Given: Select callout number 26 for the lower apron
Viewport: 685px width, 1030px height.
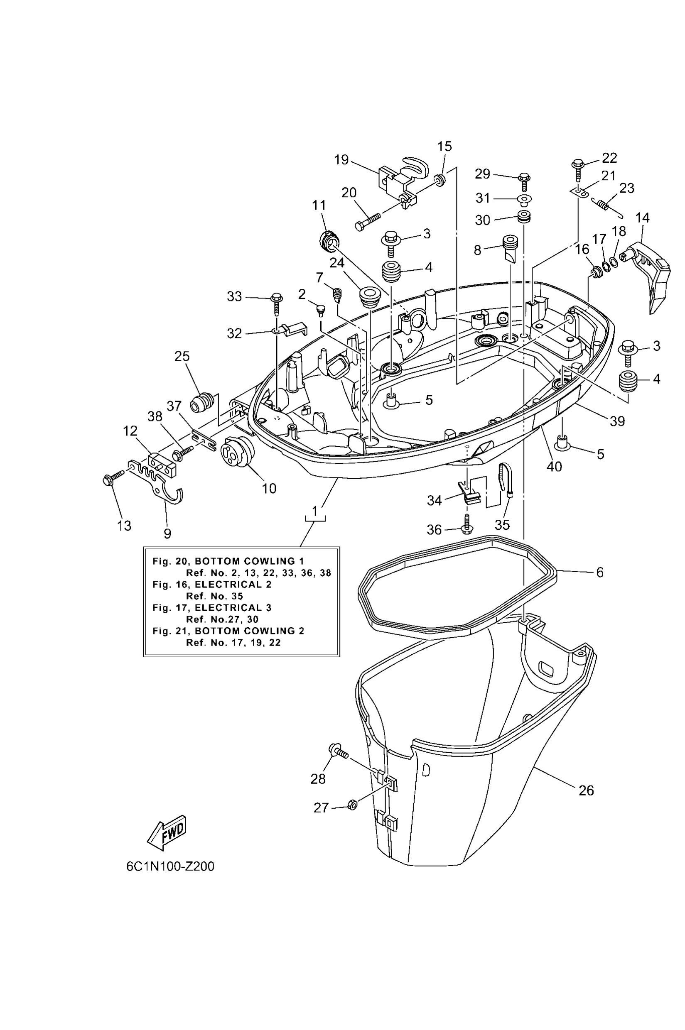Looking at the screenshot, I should [x=586, y=790].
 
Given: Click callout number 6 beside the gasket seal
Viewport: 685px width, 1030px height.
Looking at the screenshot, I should [x=600, y=572].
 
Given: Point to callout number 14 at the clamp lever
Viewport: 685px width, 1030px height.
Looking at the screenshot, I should [x=642, y=218].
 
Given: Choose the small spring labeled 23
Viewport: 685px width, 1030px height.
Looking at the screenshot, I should [x=604, y=204].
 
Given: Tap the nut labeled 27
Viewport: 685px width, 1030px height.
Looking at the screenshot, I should [x=352, y=804].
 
